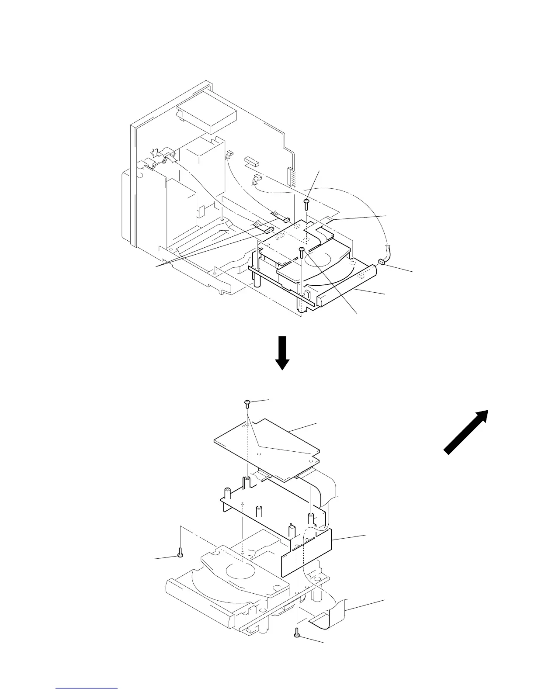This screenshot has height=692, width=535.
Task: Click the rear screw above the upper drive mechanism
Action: click(306, 202)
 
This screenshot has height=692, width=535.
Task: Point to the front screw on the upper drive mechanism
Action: click(301, 250)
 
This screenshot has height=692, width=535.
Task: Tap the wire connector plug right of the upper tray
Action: click(381, 262)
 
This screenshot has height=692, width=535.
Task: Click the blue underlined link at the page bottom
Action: click(87, 688)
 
